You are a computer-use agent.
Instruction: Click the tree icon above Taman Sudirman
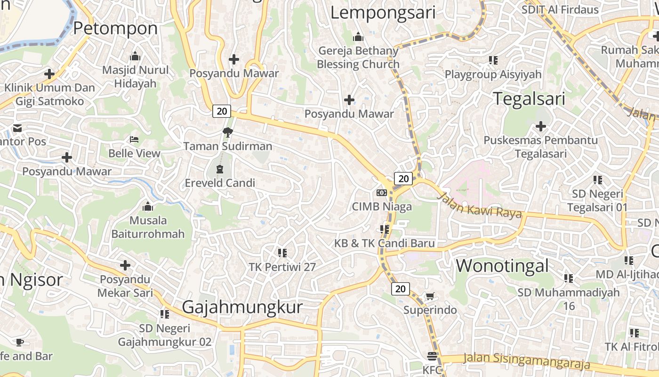tap(228, 132)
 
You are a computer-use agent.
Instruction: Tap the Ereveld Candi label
tap(220, 183)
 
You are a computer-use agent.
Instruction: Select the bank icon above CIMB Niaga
tap(382, 192)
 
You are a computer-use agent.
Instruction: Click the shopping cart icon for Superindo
tap(430, 296)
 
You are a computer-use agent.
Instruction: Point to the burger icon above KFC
tap(432, 356)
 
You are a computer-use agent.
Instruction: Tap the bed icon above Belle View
tap(134, 139)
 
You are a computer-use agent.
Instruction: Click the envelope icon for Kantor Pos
tap(17, 128)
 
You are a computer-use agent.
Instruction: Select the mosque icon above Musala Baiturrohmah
tap(148, 206)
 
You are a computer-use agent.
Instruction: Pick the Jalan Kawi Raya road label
tap(480, 205)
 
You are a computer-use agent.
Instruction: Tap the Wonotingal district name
tap(502, 266)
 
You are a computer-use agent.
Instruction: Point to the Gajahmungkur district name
tap(242, 307)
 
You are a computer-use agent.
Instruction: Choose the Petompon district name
tap(115, 28)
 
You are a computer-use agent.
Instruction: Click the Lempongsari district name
tap(383, 13)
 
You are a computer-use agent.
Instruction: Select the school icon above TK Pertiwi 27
tap(282, 253)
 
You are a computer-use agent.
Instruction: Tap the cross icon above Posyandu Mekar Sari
tap(125, 265)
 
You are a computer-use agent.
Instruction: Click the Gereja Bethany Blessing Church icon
tap(358, 37)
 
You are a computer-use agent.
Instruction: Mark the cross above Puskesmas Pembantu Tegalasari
tap(541, 126)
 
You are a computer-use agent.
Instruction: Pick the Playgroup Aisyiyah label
tap(493, 74)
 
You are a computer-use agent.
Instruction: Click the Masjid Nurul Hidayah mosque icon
tap(136, 56)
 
